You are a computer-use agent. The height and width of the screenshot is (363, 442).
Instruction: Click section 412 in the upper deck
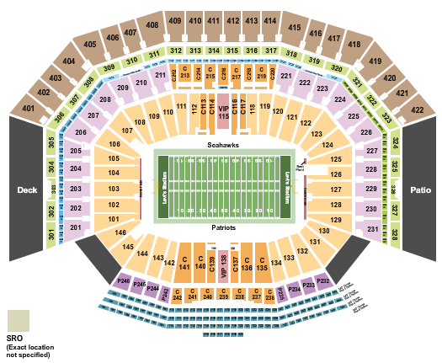pos(232,20)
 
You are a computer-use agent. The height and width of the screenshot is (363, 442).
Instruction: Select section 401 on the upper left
pos(29,109)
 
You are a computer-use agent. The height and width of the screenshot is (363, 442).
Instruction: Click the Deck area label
pos(27,190)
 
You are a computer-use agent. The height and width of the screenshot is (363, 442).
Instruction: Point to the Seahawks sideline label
pos(223,145)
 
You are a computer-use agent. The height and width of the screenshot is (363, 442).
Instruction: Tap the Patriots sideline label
pos(223,227)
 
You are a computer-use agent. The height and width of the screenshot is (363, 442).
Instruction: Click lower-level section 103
pos(112,190)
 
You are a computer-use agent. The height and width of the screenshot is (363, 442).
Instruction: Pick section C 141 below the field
pos(184,263)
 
